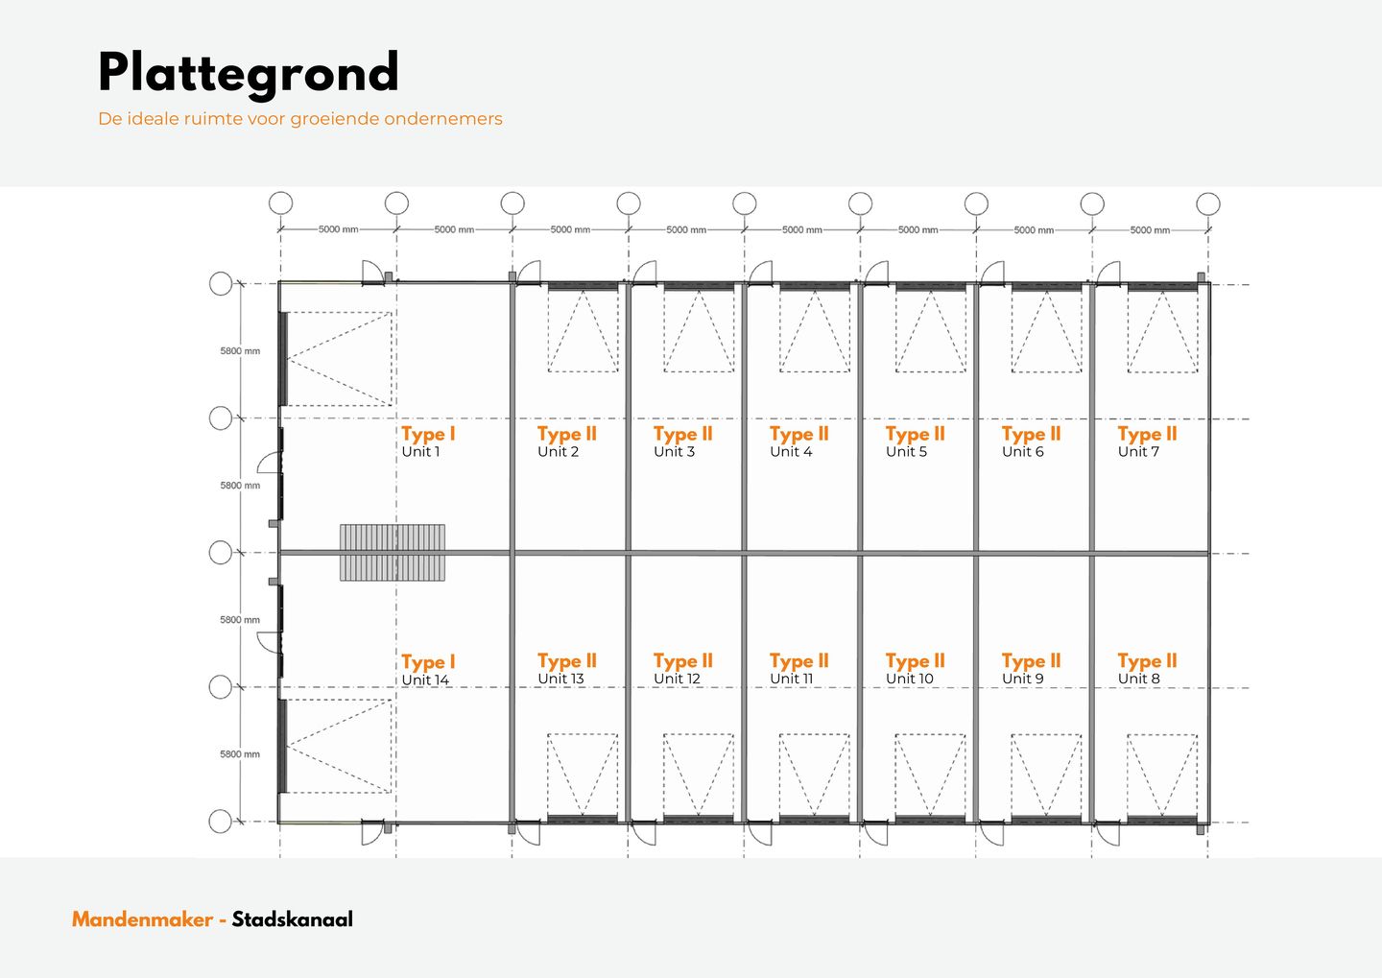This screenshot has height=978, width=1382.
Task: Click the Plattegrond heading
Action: (248, 74)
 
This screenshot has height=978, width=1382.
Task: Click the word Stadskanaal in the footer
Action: (293, 919)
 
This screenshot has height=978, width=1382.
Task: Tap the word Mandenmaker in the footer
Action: (142, 919)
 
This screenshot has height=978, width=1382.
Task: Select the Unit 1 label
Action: (420, 452)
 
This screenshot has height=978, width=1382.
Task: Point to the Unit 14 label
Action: (425, 680)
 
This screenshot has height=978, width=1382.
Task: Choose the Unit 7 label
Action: (1138, 452)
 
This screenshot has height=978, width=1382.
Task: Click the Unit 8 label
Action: (1139, 679)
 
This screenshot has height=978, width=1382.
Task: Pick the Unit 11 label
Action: (791, 679)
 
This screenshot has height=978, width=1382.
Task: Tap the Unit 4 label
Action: (791, 452)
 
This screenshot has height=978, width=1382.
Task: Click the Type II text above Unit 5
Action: (915, 435)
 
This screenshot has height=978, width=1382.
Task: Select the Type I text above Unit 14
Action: (428, 662)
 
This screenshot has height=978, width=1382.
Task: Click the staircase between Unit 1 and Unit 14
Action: (393, 553)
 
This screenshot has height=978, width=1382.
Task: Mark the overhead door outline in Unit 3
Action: (699, 331)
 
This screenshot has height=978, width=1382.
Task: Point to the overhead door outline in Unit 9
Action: (1046, 775)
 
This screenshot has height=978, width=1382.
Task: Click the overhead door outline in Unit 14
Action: (338, 746)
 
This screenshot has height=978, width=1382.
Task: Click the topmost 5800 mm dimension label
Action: (240, 351)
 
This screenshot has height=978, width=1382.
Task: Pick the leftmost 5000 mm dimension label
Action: (338, 229)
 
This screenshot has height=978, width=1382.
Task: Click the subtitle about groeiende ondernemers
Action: (300, 118)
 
